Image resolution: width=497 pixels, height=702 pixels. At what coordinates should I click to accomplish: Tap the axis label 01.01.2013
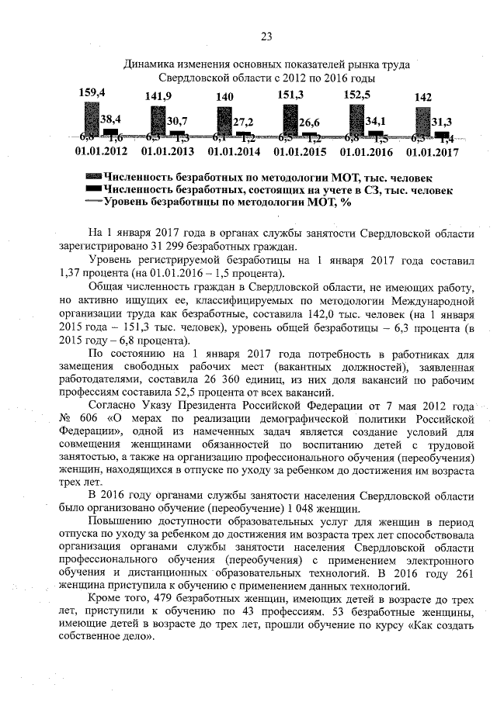(x=168, y=152)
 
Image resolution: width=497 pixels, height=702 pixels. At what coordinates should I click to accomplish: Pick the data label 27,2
(x=243, y=122)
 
